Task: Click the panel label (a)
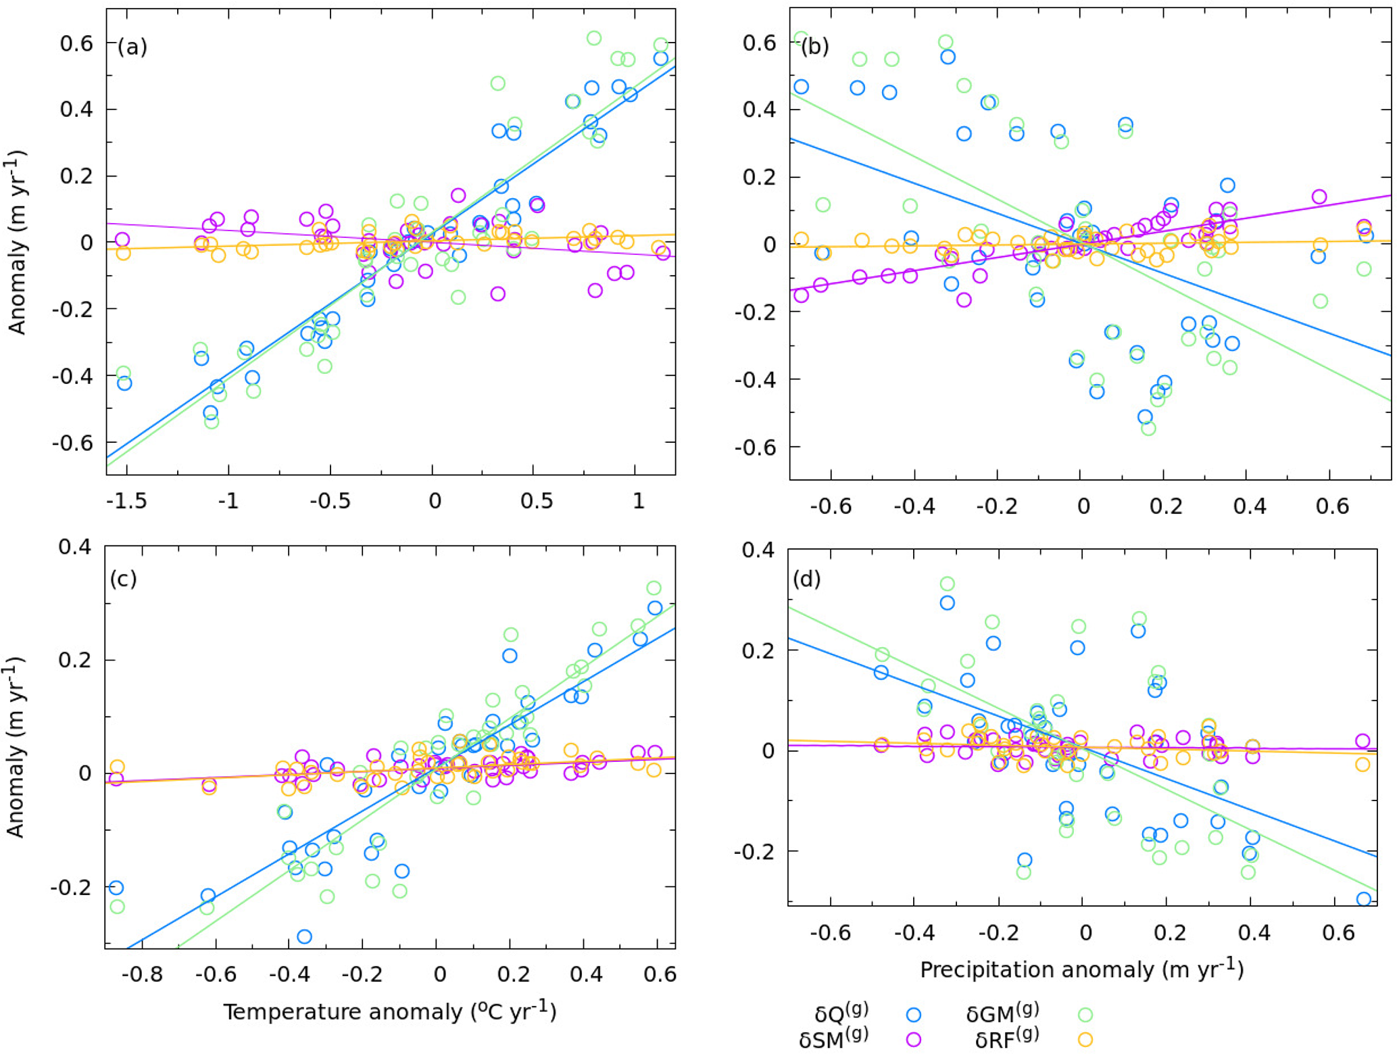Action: tap(132, 47)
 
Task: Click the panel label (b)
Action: tap(814, 47)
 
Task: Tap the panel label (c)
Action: tap(123, 579)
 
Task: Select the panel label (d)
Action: tap(807, 579)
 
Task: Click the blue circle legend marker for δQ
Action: tap(914, 1014)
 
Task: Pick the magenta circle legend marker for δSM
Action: tap(914, 1040)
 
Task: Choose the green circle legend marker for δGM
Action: tap(1085, 1014)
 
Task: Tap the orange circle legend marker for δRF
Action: tap(1085, 1040)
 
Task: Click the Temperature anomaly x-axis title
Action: tap(390, 1011)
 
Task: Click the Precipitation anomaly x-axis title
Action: tap(1081, 969)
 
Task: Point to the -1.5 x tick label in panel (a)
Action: tap(126, 502)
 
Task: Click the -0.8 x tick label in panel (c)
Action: tap(146, 974)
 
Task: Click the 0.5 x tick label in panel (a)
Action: tap(537, 502)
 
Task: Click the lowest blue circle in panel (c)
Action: tap(304, 936)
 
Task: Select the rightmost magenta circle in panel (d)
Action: tap(1363, 741)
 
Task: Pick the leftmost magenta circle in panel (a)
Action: tap(122, 239)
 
